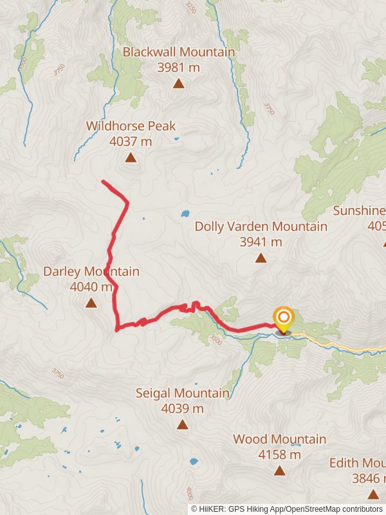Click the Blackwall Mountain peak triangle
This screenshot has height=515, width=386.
[x=178, y=84]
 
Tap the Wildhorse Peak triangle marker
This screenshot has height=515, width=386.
[x=131, y=158]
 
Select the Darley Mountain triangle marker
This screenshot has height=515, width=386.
[x=91, y=302]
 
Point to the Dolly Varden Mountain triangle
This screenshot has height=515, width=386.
[x=261, y=258]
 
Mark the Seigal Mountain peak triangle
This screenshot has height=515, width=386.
[x=183, y=424]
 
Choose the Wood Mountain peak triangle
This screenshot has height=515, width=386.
[x=279, y=471]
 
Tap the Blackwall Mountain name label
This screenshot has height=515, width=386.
[x=178, y=51]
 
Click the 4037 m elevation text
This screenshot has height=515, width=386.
[x=131, y=141]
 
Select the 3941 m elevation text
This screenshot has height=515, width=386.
[x=261, y=242]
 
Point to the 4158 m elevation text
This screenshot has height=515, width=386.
[x=279, y=454]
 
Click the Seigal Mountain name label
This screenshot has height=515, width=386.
[x=183, y=393]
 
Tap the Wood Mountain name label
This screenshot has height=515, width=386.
[x=279, y=439]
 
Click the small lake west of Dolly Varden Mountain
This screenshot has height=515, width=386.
[x=185, y=213]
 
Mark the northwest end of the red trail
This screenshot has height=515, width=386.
[x=104, y=182]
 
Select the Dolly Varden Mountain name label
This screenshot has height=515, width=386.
[x=261, y=227]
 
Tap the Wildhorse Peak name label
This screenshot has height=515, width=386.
[x=131, y=126]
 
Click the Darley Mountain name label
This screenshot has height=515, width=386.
[x=91, y=272]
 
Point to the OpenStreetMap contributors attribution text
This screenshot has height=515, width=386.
[x=335, y=509]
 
